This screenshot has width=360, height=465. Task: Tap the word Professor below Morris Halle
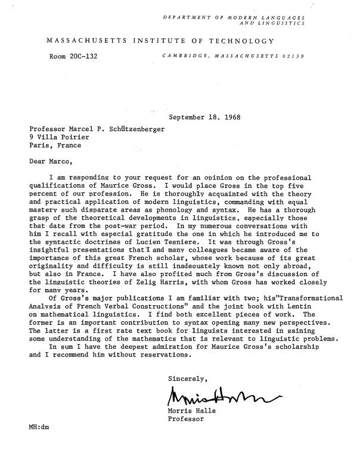click(186, 418)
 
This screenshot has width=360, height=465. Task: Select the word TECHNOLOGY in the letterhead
click(240, 41)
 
